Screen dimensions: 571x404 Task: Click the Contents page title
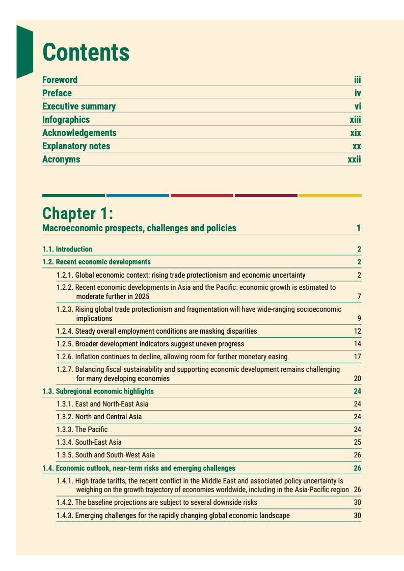point(86,52)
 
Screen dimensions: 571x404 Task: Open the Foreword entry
point(60,80)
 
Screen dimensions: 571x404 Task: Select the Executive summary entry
point(79,106)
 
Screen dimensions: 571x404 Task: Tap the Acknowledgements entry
point(79,133)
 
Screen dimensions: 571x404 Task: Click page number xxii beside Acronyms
point(354,159)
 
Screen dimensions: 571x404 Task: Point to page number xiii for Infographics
point(355,120)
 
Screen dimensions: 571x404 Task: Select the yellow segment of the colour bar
point(330,195)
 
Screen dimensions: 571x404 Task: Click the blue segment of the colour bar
point(138,195)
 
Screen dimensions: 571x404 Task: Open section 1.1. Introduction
point(67,249)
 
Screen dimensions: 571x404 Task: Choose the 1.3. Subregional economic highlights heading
point(98,391)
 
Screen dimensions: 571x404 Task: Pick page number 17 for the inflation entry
point(357,357)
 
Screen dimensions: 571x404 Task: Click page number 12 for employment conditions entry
point(357,331)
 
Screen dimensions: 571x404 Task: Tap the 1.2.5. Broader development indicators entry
point(150,344)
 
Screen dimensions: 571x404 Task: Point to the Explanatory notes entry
point(76,146)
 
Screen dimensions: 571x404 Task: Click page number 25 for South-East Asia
point(357,442)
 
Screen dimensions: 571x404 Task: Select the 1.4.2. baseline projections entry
point(157,502)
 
